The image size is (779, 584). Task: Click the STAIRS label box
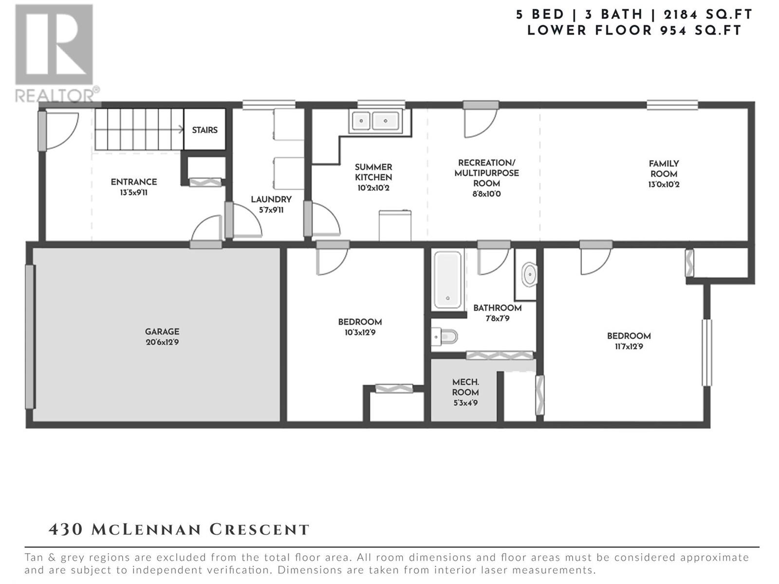(204, 129)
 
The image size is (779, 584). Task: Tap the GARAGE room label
(162, 331)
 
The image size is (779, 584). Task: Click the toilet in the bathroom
(444, 336)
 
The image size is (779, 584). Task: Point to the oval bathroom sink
(529, 274)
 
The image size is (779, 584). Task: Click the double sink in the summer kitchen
(375, 121)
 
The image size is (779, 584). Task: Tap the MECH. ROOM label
(465, 387)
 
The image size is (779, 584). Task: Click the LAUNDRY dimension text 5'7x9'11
(271, 210)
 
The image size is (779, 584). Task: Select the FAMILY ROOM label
(664, 169)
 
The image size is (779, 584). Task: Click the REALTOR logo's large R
(54, 44)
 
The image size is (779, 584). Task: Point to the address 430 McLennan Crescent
(179, 530)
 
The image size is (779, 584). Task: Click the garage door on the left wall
(30, 337)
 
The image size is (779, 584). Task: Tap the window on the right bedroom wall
(707, 352)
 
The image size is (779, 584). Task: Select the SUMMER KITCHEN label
(373, 172)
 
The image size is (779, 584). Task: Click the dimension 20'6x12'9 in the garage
(162, 343)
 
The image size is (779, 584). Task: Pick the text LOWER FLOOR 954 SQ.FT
(634, 31)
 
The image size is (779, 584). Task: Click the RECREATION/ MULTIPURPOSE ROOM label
(486, 173)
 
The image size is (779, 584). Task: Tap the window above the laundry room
(269, 105)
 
